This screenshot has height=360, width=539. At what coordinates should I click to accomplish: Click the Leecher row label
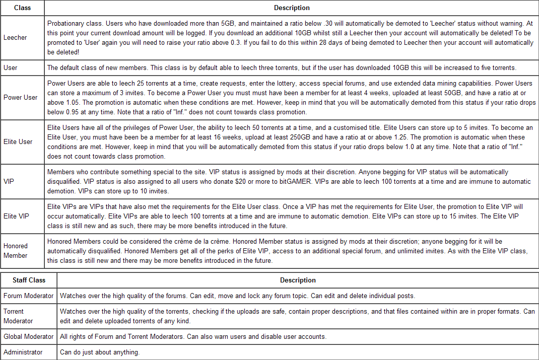[x=15, y=37]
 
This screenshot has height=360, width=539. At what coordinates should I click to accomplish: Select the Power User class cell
[x=20, y=97]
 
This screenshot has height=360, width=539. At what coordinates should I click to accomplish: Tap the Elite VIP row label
[x=16, y=216]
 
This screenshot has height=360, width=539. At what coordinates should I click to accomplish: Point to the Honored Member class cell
[x=16, y=251]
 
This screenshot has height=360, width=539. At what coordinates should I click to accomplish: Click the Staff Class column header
[x=29, y=280]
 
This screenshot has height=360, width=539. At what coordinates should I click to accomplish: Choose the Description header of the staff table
[x=298, y=280]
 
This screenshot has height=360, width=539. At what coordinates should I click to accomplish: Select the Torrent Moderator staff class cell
[x=18, y=316]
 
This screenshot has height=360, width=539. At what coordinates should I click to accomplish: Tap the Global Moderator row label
[x=28, y=336]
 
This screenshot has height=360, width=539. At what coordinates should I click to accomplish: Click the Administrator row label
[x=23, y=352]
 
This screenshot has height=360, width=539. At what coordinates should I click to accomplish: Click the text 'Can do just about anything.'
[x=100, y=352]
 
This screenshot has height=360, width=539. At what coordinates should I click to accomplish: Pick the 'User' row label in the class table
[x=10, y=67]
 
